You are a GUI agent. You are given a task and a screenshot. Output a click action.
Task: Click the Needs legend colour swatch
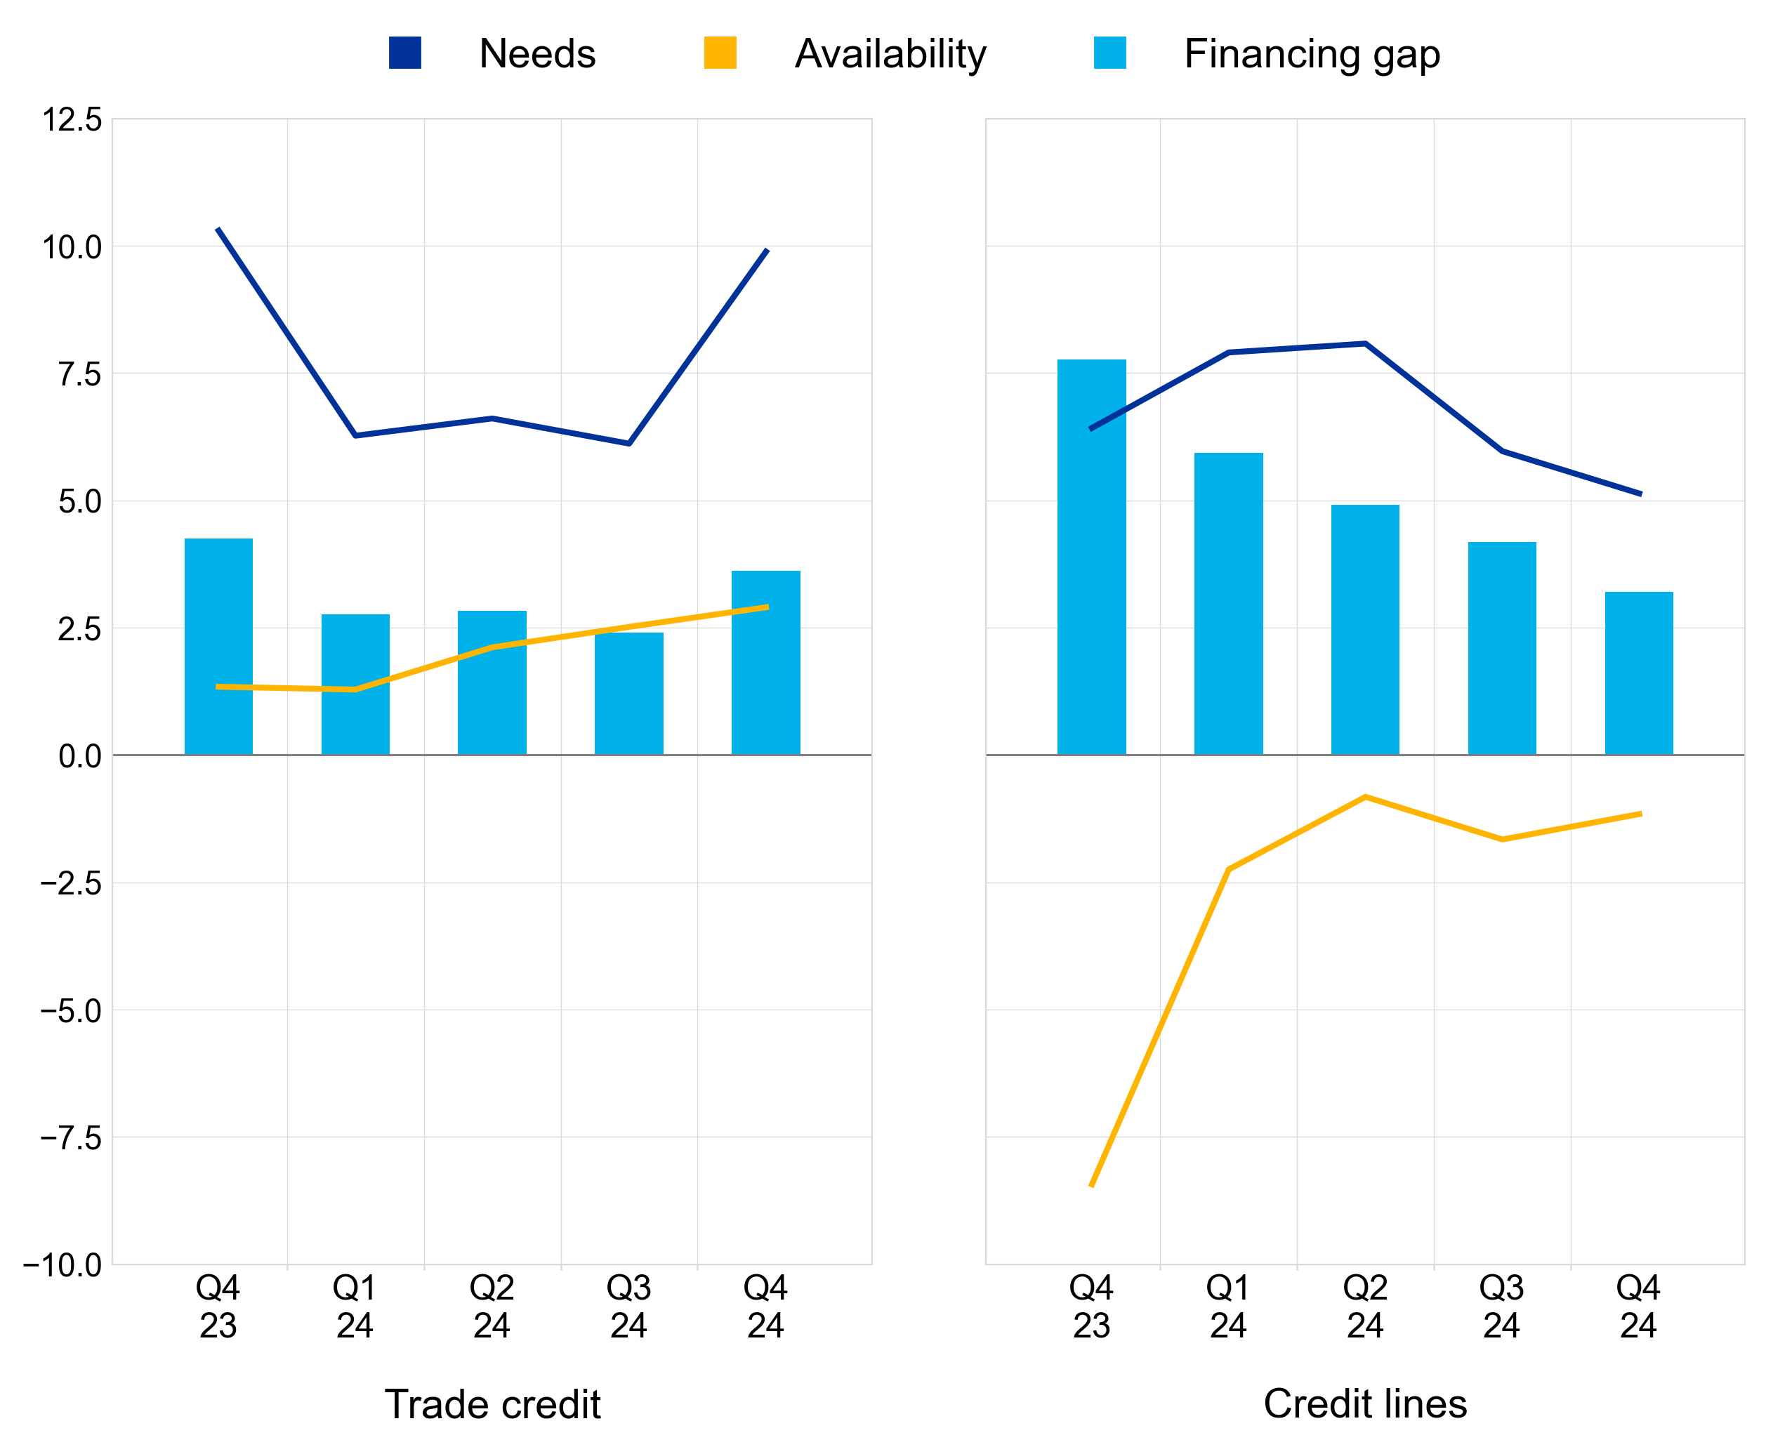pos(405,53)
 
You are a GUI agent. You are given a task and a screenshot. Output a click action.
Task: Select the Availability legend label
pos(890,54)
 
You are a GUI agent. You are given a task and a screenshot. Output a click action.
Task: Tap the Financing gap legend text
pos(1312,54)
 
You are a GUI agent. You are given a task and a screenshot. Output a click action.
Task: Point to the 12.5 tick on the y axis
pos(72,119)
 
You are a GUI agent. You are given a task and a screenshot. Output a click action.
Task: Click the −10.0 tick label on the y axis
pos(62,1265)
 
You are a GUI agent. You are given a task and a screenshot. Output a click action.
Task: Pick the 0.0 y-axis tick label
pos(80,756)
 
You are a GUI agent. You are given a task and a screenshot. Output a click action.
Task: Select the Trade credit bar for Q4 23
pos(218,647)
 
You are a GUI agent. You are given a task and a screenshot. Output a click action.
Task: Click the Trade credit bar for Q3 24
pos(629,694)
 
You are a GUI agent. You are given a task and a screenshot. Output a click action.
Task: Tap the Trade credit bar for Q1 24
pos(355,685)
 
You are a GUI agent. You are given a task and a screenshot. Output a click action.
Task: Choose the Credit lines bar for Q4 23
pos(1092,557)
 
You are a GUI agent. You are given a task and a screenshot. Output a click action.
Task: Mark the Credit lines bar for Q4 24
pos(1638,673)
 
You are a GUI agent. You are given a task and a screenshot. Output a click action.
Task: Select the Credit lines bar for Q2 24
pos(1365,629)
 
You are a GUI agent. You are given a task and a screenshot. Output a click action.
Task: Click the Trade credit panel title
pos(492,1404)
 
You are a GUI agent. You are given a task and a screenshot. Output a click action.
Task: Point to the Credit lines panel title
pos(1365,1403)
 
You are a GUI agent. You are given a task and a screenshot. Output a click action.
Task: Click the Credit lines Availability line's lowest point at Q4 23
pos(1092,1184)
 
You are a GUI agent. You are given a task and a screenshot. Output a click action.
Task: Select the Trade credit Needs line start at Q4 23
pos(218,229)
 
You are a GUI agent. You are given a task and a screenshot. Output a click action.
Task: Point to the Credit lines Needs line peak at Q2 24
pos(1365,343)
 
